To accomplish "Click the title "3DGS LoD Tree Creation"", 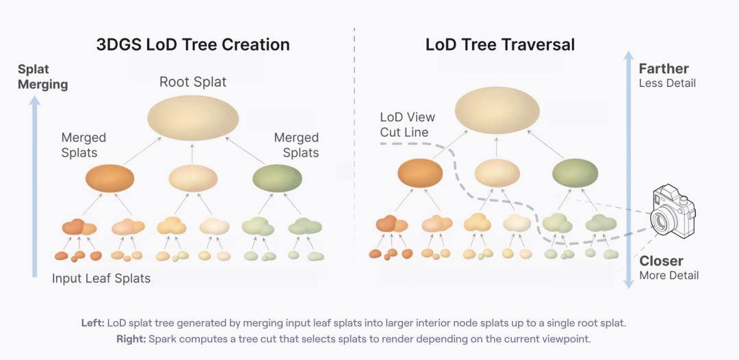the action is [193, 44].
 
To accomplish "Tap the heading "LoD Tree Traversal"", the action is [500, 44].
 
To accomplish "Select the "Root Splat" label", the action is [193, 82].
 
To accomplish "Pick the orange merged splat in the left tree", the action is [109, 178].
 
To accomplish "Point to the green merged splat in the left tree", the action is [277, 178].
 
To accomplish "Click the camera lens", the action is [660, 219].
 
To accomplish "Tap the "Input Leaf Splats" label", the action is [101, 279].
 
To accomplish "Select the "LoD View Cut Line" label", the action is [408, 125].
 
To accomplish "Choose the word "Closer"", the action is [661, 261].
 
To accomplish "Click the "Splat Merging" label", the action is [43, 77].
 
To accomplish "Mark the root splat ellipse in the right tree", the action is [497, 110].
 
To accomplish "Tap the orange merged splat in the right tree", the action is [420, 173].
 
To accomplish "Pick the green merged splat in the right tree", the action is [575, 173].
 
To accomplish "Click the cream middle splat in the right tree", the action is [497, 173].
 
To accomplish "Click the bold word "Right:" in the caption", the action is [131, 339].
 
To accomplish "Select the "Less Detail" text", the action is [667, 83].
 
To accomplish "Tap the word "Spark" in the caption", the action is [161, 339].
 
